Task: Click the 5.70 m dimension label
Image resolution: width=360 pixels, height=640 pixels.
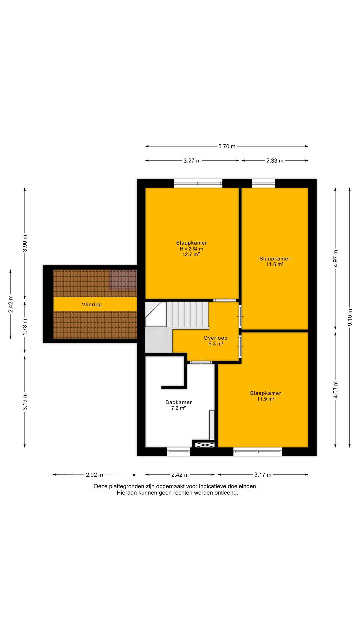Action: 227,146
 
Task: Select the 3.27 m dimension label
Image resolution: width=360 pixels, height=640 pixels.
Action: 192,161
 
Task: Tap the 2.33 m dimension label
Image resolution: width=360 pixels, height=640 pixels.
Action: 275,161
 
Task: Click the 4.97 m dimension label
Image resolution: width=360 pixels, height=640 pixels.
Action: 336,259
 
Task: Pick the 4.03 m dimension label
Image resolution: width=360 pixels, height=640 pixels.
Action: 336,390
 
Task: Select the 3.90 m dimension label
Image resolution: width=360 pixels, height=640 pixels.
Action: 25,243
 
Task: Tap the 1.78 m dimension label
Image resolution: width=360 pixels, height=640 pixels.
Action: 25,327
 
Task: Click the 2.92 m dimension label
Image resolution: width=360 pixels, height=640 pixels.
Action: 94,475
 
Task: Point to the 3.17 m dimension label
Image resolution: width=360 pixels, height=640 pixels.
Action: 263,475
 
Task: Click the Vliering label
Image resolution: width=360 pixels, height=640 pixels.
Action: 92,304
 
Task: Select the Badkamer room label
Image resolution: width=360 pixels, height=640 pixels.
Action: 178,402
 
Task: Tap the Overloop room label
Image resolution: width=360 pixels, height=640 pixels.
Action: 215,338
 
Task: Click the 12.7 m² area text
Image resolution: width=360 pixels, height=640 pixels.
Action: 191,254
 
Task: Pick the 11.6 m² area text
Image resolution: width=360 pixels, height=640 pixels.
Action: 275,264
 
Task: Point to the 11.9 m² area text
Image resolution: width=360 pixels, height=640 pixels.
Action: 265,399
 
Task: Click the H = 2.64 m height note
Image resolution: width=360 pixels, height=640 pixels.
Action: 191,249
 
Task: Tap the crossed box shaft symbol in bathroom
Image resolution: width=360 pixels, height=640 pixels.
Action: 205,444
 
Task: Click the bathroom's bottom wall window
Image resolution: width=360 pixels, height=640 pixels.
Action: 178,452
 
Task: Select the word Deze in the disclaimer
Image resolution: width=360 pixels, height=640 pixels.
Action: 101,486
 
